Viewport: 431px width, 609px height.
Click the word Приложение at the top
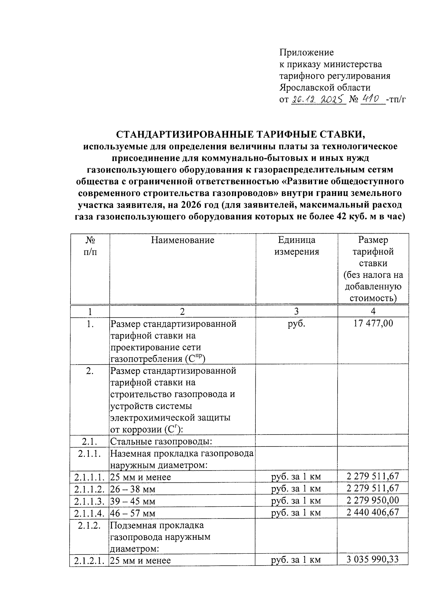pyautogui.click(x=306, y=53)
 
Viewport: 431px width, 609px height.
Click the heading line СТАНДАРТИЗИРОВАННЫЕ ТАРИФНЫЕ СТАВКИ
pyautogui.click(x=240, y=135)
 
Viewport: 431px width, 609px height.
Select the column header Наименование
pyautogui.click(x=182, y=240)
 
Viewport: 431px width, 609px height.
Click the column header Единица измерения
pyautogui.click(x=297, y=246)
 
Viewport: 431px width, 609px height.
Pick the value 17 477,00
pyautogui.click(x=373, y=323)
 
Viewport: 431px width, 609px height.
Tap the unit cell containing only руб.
pyautogui.click(x=296, y=323)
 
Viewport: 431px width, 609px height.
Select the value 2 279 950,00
pyautogui.click(x=373, y=500)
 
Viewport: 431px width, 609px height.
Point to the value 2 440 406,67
pyautogui.click(x=373, y=512)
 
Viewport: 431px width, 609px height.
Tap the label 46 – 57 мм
pyautogui.click(x=133, y=513)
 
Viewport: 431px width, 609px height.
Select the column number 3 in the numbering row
pyautogui.click(x=296, y=311)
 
